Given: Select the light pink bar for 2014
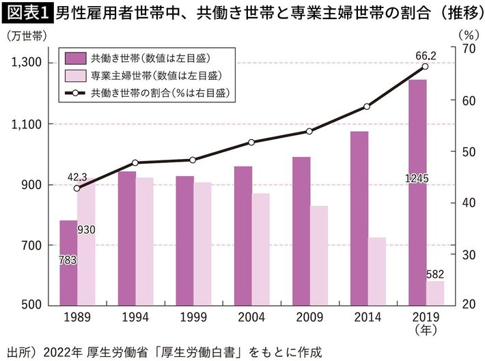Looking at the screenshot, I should point(376,271).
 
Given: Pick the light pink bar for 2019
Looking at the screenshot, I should point(435,293).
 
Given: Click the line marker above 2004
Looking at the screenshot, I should point(251,142).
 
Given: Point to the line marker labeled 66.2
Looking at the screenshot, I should point(425,66).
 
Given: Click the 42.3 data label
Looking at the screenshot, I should point(77,177).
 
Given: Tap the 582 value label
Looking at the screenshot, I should point(435,274).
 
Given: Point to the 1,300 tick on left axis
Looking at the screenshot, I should point(27,63).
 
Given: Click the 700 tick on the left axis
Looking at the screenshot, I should point(32,245).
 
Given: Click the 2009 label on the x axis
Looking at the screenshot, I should point(309,317).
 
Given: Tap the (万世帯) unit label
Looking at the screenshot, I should point(25,37).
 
